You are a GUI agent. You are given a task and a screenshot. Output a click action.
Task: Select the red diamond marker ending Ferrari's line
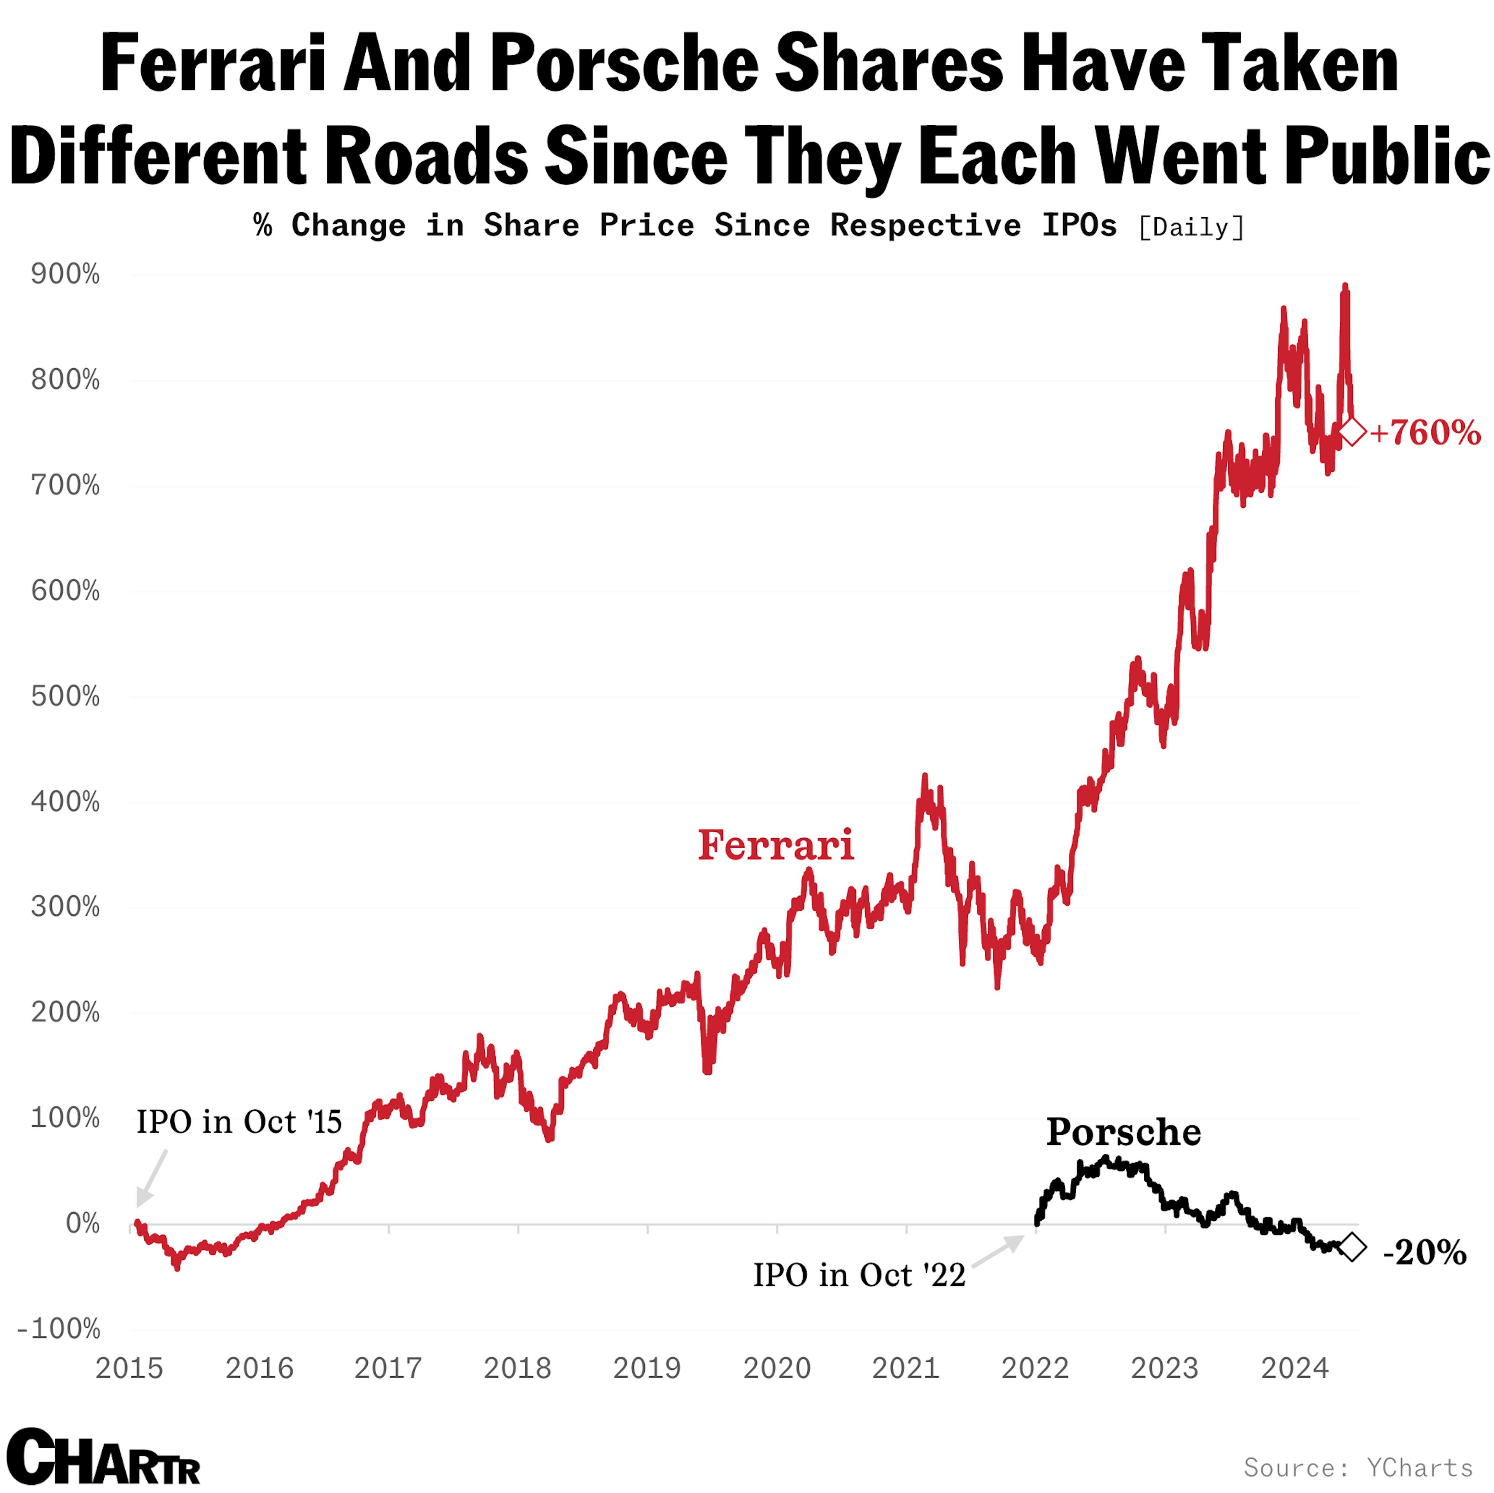pos(1352,431)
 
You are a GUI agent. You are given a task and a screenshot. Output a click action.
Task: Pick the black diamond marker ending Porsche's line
pos(1352,1246)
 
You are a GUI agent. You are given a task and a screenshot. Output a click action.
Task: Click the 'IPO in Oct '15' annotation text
pos(239,1122)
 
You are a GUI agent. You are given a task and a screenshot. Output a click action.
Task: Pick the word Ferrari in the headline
pos(213,63)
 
